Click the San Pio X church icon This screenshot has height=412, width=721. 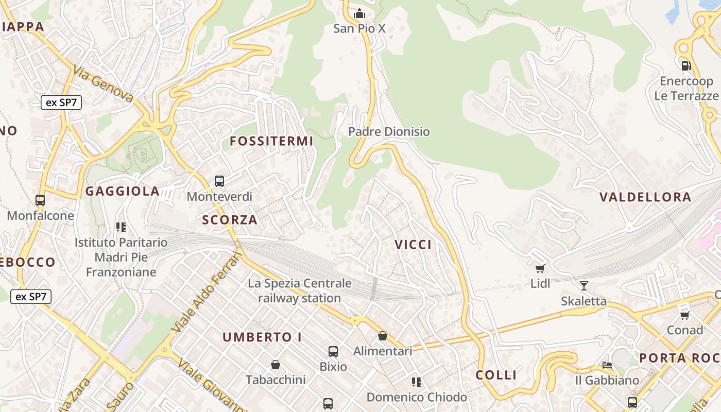pyautogui.click(x=359, y=13)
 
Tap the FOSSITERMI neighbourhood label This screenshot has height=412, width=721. pyautogui.click(x=271, y=141)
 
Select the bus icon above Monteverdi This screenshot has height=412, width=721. pyautogui.click(x=219, y=181)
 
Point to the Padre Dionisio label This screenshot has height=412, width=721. pyautogui.click(x=389, y=132)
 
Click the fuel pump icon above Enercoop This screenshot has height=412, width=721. pyautogui.click(x=686, y=65)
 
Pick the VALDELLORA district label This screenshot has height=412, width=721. pyautogui.click(x=645, y=197)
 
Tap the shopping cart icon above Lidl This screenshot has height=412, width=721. pyautogui.click(x=540, y=268)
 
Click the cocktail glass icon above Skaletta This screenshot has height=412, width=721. pyautogui.click(x=583, y=285)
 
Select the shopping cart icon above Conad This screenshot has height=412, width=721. pyautogui.click(x=684, y=315)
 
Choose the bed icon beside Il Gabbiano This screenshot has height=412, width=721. pyautogui.click(x=607, y=365)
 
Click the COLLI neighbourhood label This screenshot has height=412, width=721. pyautogui.click(x=496, y=375)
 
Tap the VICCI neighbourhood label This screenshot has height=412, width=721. pyautogui.click(x=414, y=245)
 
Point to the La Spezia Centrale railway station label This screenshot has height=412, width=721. pyautogui.click(x=300, y=290)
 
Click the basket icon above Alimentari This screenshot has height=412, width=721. pyautogui.click(x=383, y=336)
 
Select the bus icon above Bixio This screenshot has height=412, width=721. pyautogui.click(x=333, y=352)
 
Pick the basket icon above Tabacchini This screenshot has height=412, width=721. pyautogui.click(x=276, y=365)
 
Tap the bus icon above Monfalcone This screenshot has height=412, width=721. pyautogui.click(x=40, y=200)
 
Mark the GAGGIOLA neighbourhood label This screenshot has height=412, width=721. pyautogui.click(x=123, y=191)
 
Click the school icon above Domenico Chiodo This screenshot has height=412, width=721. pyautogui.click(x=417, y=382)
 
